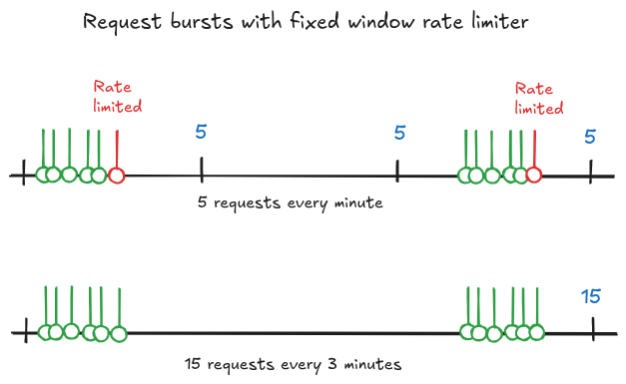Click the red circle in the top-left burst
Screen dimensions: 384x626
[x=117, y=176]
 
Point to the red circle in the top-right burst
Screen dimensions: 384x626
[x=534, y=176]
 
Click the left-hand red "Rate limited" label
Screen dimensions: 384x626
[x=117, y=96]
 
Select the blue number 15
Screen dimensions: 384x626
[x=591, y=295]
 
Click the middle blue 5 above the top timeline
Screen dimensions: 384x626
[x=399, y=133]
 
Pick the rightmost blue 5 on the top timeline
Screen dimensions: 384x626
[x=590, y=136]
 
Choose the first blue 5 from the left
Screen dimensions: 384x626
[x=202, y=133]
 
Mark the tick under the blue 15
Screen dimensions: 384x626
[x=593, y=330]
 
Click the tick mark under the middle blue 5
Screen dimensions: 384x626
[x=397, y=172]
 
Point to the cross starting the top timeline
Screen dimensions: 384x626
[x=22, y=176]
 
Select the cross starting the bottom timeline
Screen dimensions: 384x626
[x=22, y=332]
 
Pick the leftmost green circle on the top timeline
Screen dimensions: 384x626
[x=44, y=176]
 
